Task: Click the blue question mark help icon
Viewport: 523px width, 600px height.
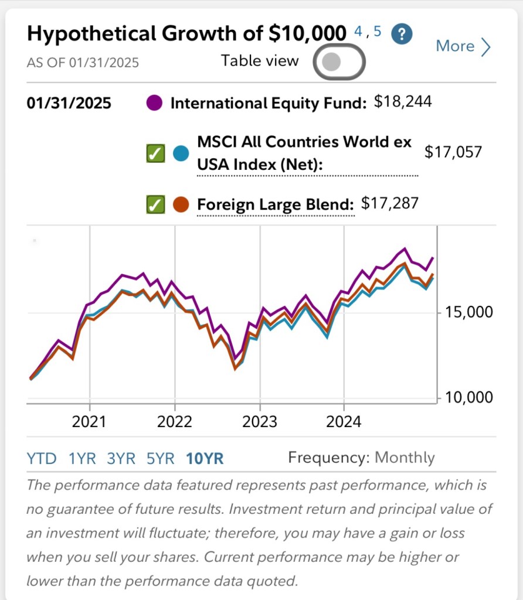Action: (402, 33)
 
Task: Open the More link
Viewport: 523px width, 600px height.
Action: (463, 46)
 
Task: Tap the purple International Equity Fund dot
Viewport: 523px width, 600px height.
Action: (154, 104)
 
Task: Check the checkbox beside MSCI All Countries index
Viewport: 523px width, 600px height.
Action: (155, 154)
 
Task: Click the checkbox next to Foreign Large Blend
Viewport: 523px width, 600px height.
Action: (155, 204)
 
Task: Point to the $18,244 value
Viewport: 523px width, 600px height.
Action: (403, 103)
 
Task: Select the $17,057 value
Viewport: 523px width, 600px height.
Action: (453, 152)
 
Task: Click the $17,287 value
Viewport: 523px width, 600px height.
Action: (390, 203)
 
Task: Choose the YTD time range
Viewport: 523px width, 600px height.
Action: (42, 458)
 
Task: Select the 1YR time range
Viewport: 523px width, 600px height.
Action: (82, 458)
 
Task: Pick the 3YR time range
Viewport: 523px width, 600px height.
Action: (121, 458)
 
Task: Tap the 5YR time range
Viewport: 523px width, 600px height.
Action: (161, 458)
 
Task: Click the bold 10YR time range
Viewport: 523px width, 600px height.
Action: (205, 458)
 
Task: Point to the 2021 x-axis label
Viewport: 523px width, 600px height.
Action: (89, 422)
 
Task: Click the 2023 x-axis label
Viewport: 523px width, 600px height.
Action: (259, 422)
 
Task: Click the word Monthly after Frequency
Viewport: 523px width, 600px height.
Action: (405, 458)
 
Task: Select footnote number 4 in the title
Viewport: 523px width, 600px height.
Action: (358, 31)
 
